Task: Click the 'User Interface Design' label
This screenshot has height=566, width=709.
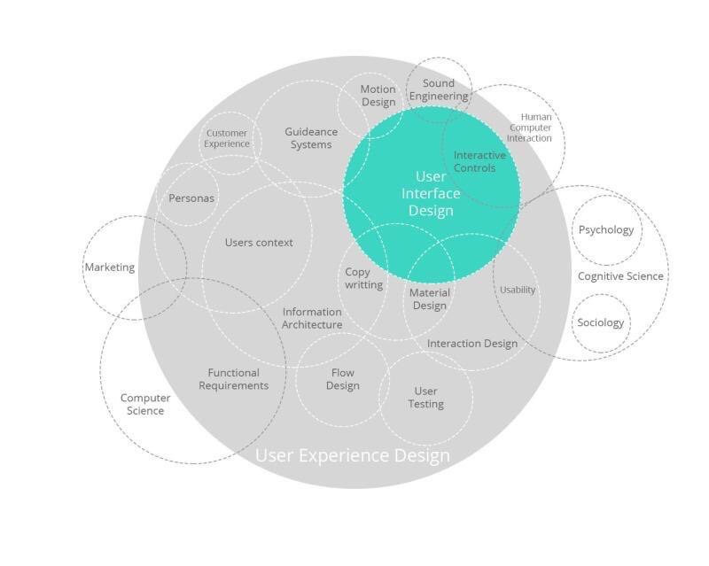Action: pos(431,193)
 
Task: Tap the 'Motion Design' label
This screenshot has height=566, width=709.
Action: pos(378,96)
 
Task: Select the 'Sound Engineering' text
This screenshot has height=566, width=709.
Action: pos(439,89)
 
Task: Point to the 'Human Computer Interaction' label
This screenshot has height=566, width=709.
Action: pos(529,128)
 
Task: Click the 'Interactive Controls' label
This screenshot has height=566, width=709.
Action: pos(479,161)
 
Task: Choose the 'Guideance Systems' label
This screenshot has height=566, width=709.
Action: pos(311,138)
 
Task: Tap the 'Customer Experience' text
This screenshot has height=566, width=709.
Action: pos(227,138)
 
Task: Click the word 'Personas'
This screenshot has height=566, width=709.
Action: pos(191,198)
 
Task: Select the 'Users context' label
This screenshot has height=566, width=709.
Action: pos(259,243)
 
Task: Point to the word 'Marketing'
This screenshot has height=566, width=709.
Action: pos(110,267)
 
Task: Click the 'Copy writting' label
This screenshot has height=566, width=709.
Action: pos(363,278)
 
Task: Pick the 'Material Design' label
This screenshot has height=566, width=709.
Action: pos(430,299)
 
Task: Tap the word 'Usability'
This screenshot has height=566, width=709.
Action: pos(518,290)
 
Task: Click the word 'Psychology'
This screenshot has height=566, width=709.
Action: pos(606,229)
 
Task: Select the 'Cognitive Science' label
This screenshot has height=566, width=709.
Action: pos(620,275)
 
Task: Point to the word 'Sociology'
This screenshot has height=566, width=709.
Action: pos(601,322)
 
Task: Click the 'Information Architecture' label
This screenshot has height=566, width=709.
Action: pos(312,318)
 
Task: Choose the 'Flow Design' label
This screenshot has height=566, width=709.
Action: pos(343,379)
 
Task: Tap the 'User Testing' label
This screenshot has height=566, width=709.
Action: pos(425,398)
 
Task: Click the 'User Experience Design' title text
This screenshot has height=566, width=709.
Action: pos(353,455)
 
